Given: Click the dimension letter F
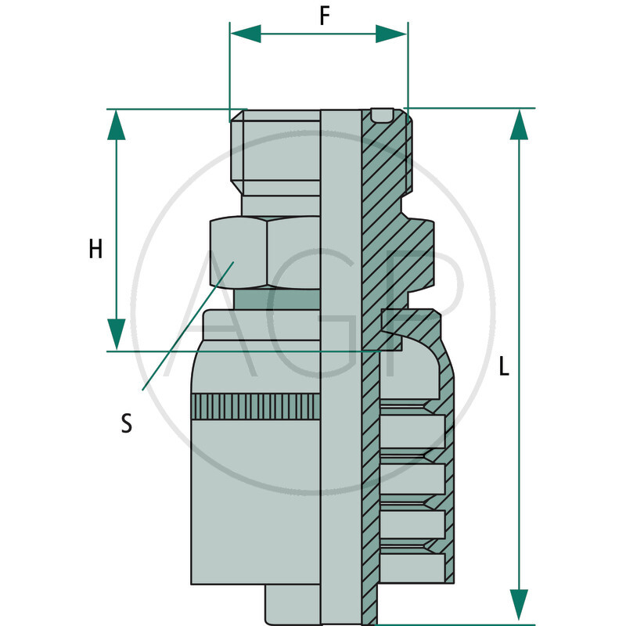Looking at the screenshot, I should [323, 17].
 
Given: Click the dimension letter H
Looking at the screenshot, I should [95, 250].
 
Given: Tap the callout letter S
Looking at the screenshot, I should [127, 423].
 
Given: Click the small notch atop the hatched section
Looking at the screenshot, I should [382, 115].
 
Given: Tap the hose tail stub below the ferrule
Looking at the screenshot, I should [293, 603].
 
